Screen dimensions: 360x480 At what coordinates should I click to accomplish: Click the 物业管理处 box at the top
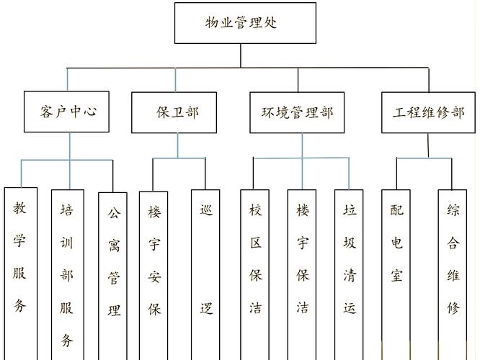[x=245, y=23]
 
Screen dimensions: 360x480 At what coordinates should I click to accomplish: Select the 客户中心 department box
[x=66, y=112]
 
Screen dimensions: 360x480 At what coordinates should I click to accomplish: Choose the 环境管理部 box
[x=298, y=112]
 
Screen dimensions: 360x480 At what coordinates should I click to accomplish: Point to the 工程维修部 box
[x=428, y=112]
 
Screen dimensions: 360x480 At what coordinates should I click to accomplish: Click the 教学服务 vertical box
[x=19, y=274]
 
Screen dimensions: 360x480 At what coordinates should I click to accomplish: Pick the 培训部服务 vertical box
[x=67, y=274]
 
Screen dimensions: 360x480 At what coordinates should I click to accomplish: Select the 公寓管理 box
[x=113, y=274]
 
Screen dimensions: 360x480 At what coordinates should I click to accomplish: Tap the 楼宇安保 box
[x=154, y=274]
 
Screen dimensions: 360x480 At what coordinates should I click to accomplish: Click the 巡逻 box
[x=206, y=274]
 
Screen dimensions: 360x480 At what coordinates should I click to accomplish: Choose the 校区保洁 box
[x=255, y=274]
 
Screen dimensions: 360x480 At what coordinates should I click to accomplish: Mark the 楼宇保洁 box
[x=302, y=274]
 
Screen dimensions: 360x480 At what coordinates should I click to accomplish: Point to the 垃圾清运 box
[x=350, y=274]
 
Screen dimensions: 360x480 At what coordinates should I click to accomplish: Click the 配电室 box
[x=396, y=274]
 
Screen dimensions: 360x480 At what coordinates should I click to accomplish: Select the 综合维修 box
[x=453, y=274]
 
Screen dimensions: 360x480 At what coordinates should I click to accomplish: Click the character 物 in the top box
[x=213, y=22]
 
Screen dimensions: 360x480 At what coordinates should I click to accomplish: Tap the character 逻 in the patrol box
[x=206, y=309]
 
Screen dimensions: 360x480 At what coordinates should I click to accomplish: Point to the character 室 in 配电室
[x=396, y=275]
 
